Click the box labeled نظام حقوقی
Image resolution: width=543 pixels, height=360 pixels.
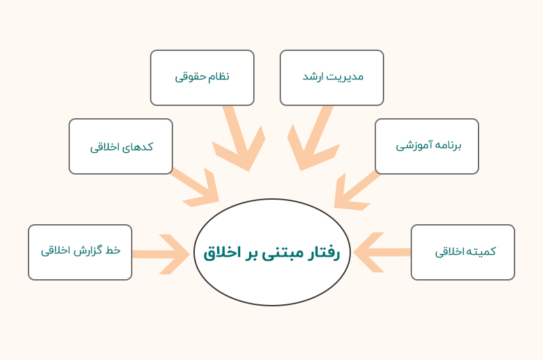(x=202, y=77)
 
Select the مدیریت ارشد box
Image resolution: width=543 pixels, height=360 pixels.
(x=332, y=77)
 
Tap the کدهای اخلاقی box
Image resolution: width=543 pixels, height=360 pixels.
(x=121, y=146)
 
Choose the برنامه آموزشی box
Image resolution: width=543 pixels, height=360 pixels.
(x=427, y=146)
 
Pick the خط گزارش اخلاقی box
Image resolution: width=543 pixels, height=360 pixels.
(x=80, y=252)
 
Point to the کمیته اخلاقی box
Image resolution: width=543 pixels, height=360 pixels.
(x=463, y=252)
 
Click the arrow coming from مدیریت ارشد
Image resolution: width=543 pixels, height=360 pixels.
(x=309, y=139)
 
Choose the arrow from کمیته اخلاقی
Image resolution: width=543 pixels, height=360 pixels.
(x=380, y=253)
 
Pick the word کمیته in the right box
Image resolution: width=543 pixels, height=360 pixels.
(x=481, y=251)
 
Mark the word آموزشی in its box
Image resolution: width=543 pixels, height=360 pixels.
(x=412, y=146)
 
